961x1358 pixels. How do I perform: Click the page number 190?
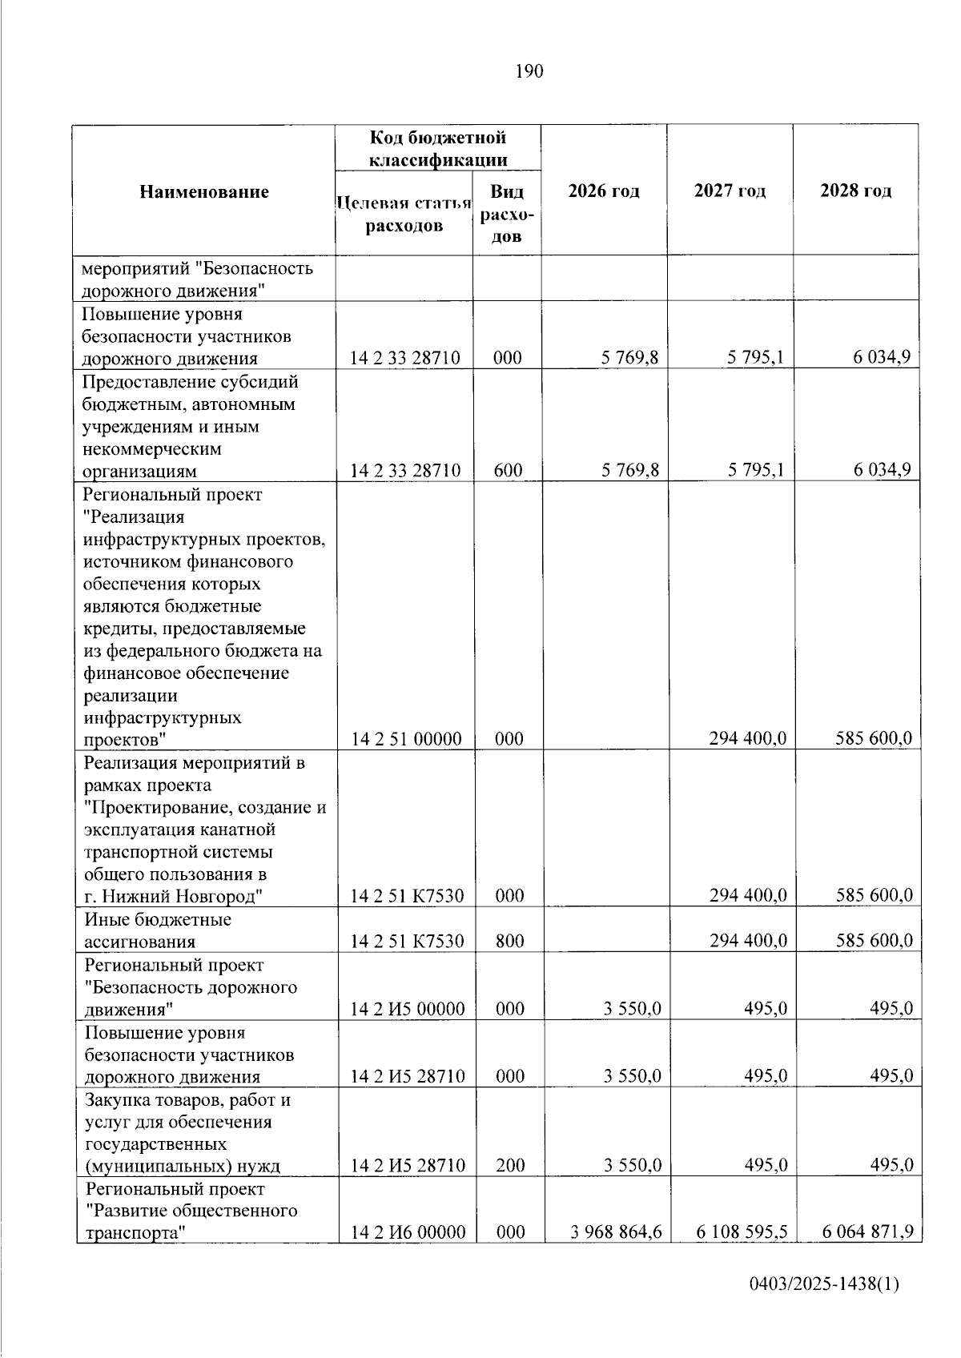529,71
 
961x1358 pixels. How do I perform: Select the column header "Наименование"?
204,191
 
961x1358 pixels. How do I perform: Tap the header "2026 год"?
604,191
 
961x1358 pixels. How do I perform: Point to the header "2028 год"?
855,191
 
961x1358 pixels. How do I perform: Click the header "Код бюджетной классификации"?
437,148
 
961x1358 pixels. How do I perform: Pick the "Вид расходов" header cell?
507,214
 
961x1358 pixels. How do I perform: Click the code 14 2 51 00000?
406,738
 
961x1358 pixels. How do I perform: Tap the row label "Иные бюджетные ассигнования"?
158,930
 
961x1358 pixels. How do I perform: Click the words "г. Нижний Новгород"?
172,896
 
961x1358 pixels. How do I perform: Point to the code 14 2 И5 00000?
408,1008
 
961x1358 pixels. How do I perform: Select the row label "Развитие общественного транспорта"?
191,1220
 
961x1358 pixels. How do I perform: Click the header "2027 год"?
730,191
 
